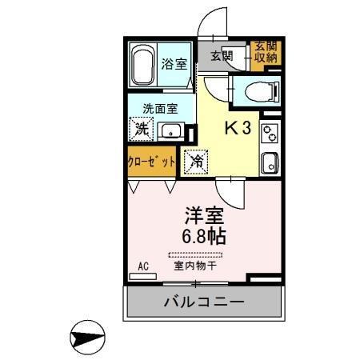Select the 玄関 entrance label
[x=222, y=55]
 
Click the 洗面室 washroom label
[x=160, y=109]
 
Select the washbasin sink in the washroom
[x=170, y=131]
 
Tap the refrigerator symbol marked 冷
[x=196, y=161]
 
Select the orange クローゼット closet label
[x=152, y=161]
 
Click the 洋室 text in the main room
[x=204, y=215]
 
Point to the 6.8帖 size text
[x=205, y=237]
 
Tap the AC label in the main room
[x=144, y=266]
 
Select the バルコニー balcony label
[x=204, y=303]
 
